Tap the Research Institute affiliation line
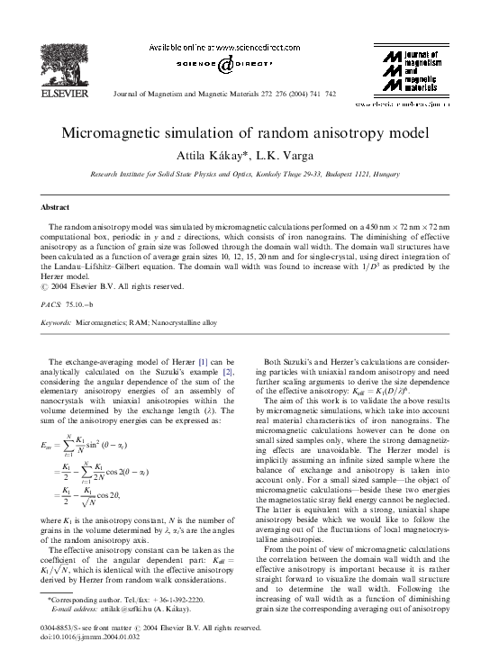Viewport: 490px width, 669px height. [x=244, y=171]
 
